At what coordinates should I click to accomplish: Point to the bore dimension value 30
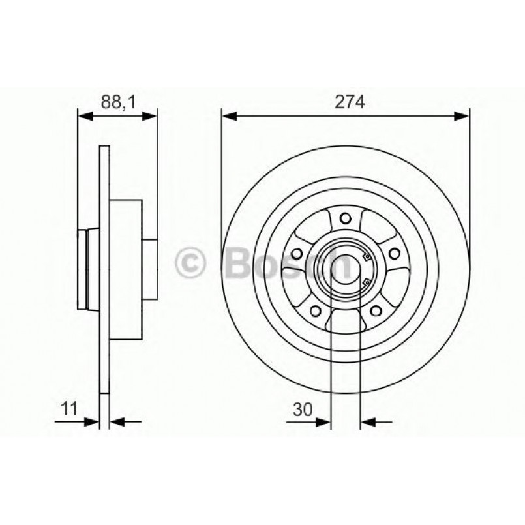(301, 409)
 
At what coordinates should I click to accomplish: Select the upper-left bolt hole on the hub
(297, 253)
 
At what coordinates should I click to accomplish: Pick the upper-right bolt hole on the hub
(394, 253)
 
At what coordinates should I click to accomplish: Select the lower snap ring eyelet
(366, 281)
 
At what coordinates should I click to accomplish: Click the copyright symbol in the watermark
(192, 263)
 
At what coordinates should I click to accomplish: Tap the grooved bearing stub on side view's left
(83, 268)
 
